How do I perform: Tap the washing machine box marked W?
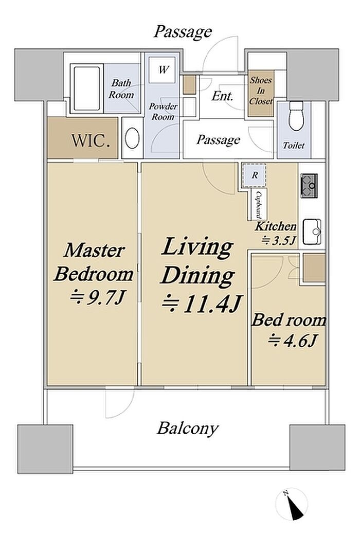point(162,70)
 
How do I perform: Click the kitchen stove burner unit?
point(309,185)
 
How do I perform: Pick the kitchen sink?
point(312,232)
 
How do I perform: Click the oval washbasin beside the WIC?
point(132,138)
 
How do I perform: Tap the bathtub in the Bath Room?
point(87,88)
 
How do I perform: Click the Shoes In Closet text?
point(261,91)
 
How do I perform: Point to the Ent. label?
point(223,96)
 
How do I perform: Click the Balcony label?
point(188,429)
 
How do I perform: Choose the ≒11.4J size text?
point(202,305)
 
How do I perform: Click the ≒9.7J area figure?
point(97,298)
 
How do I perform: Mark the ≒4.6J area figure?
point(293,341)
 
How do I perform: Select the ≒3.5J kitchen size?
point(279,240)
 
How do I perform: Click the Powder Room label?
point(163,112)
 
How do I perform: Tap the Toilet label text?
point(294,145)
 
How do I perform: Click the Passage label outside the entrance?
point(183,32)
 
